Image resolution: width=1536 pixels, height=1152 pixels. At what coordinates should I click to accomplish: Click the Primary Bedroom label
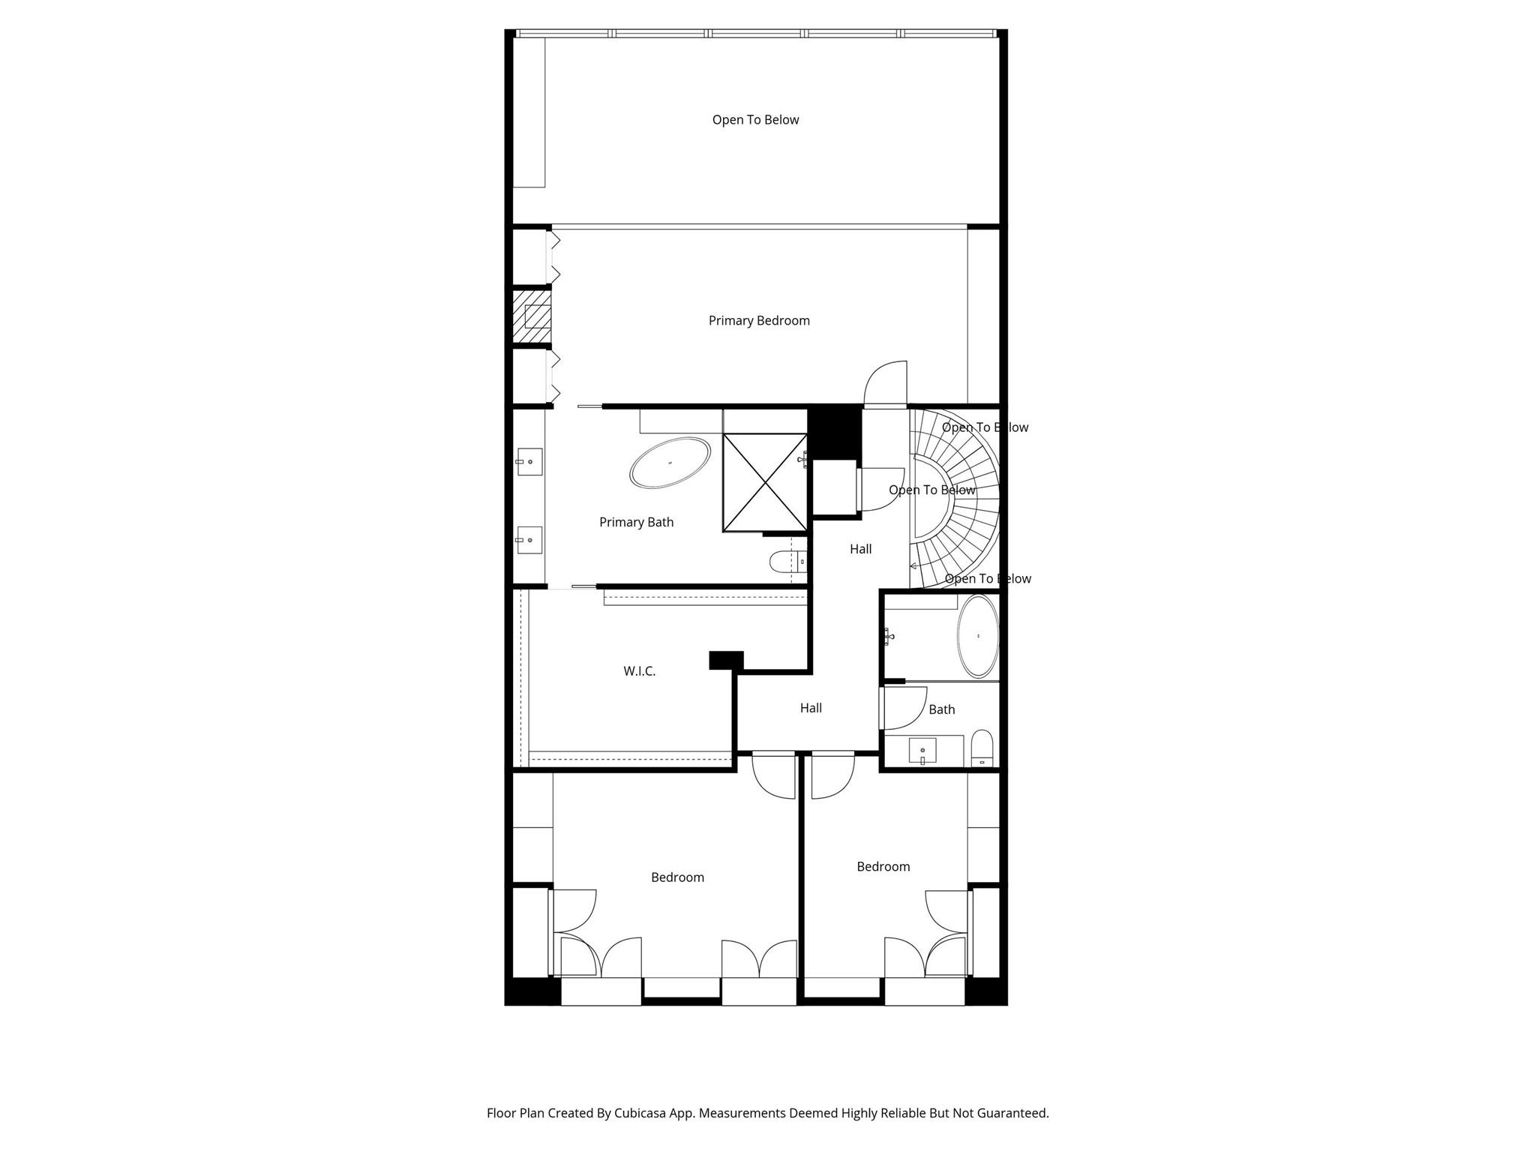(x=759, y=321)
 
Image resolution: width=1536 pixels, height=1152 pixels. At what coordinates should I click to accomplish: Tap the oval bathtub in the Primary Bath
(x=670, y=463)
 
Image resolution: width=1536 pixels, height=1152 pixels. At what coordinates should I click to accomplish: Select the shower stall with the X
(x=764, y=483)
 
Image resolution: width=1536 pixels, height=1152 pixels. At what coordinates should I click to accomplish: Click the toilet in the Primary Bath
(x=784, y=561)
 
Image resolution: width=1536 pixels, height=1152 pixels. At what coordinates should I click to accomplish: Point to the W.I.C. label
(x=639, y=671)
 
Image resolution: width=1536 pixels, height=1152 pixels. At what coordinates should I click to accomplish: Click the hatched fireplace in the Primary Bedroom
(x=532, y=316)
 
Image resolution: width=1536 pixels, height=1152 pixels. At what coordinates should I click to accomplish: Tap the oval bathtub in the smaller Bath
(x=978, y=637)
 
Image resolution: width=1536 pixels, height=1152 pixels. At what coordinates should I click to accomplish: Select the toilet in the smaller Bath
(x=982, y=748)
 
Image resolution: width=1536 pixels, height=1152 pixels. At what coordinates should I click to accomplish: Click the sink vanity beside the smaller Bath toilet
(x=922, y=750)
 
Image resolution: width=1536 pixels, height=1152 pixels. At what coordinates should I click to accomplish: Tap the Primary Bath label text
(x=636, y=522)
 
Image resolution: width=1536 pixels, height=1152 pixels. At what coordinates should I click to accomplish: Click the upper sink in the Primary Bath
(x=529, y=462)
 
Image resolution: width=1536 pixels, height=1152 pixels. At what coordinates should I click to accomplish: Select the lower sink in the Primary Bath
(x=529, y=540)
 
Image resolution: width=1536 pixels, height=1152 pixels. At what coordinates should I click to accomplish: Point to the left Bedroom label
(x=677, y=877)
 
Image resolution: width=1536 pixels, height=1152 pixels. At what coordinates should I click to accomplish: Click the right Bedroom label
(x=883, y=867)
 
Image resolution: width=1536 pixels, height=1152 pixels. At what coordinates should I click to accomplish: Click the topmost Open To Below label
(x=755, y=120)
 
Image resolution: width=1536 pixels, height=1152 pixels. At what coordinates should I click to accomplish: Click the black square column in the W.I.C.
(x=726, y=660)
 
